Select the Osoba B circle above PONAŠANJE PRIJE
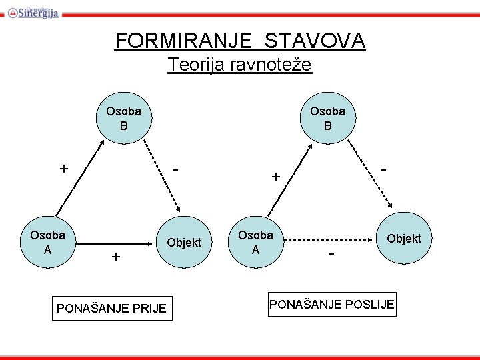[x=124, y=118]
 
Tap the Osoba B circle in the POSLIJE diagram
[x=327, y=118]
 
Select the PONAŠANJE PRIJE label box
[x=111, y=309]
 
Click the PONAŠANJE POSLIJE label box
[x=332, y=305]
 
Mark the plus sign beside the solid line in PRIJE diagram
[x=63, y=169]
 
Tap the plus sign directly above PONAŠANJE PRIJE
[x=116, y=257]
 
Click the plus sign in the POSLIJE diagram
[x=275, y=177]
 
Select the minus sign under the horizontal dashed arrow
[x=331, y=255]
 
